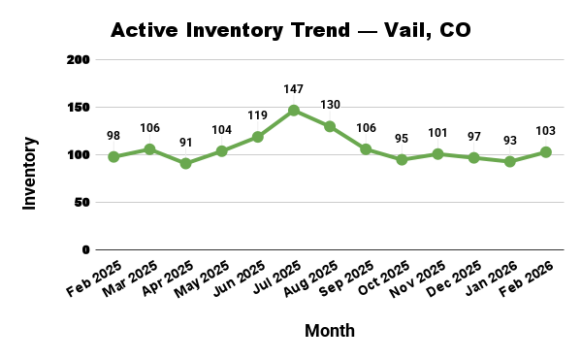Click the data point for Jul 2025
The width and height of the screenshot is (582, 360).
click(294, 111)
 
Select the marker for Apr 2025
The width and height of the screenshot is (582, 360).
click(185, 163)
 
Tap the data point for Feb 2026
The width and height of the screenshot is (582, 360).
click(546, 152)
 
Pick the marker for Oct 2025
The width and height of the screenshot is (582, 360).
click(402, 159)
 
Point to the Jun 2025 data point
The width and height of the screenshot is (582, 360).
click(258, 137)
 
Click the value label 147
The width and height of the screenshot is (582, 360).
click(294, 89)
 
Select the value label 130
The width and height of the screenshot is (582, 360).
click(330, 106)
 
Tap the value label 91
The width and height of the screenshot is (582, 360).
click(185, 143)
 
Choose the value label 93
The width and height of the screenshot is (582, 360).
click(510, 141)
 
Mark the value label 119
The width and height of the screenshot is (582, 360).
click(258, 115)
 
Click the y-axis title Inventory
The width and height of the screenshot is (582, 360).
click(30, 174)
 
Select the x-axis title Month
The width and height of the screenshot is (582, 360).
click(330, 331)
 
